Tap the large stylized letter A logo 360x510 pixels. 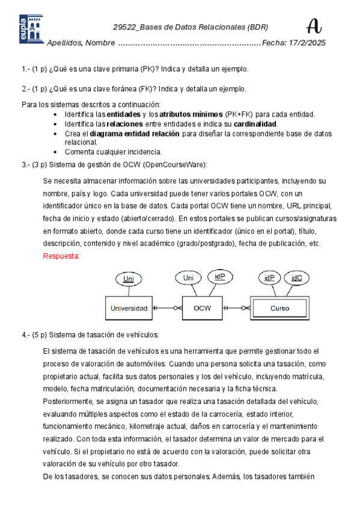click(314, 26)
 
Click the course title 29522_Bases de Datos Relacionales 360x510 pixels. click(191, 27)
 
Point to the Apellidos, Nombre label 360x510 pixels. click(81, 43)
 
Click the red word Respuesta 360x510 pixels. click(61, 256)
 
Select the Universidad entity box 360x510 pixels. click(128, 308)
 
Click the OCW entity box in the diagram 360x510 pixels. click(201, 308)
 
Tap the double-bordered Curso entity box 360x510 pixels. click(279, 308)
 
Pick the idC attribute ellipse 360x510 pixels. click(297, 278)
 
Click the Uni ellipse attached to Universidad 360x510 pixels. click(128, 278)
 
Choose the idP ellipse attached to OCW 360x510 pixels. click(219, 277)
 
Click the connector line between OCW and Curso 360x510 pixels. click(236, 308)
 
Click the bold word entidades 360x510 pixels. click(124, 114)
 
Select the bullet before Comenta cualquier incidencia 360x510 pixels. click(56, 152)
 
